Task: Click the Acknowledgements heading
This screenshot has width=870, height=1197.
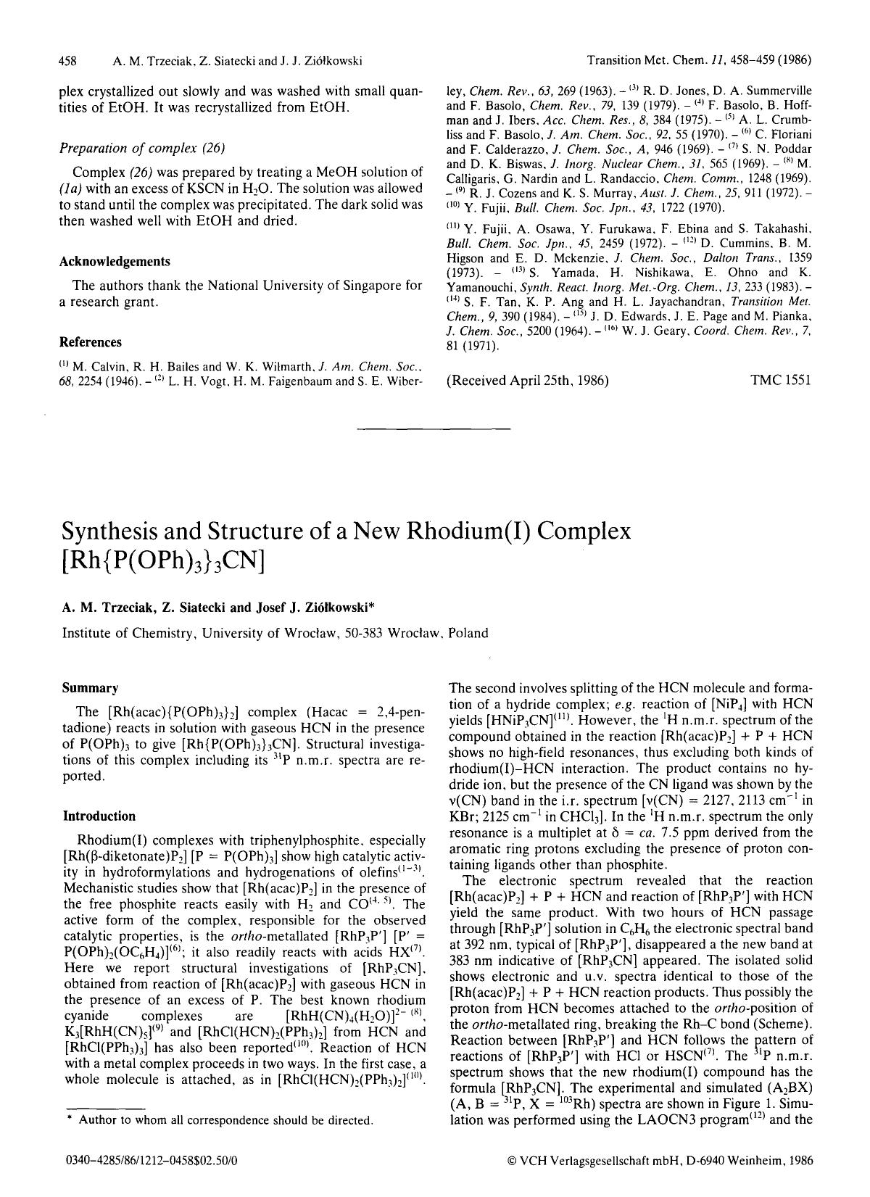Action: pos(115,262)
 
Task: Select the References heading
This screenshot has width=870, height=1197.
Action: pos(91,342)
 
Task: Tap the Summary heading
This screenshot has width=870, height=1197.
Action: pos(90,687)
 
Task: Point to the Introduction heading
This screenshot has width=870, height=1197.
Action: pos(99,816)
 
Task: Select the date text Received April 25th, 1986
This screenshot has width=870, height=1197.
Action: pos(529,380)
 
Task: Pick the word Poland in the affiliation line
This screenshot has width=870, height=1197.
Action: pos(468,632)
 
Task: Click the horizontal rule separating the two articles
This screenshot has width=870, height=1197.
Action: pos(434,429)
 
